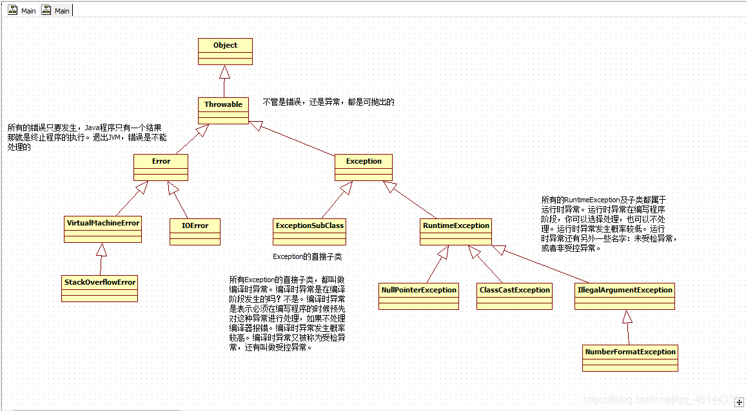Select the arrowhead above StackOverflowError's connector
point(101,249)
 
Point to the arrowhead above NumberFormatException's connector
point(627,316)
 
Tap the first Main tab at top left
point(23,11)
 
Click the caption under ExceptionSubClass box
point(307,256)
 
